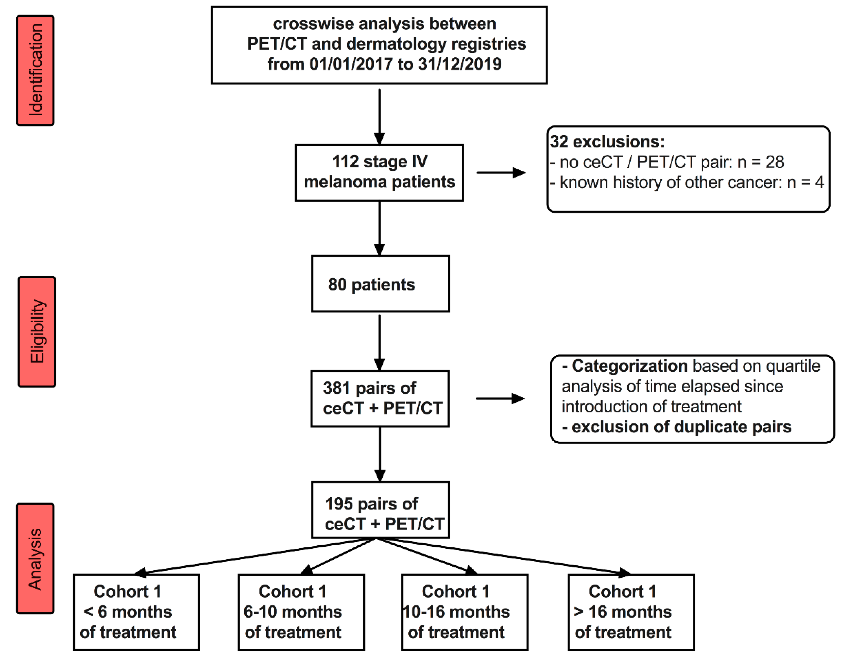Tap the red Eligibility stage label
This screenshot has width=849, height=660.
coord(37,332)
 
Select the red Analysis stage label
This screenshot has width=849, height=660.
coord(35,558)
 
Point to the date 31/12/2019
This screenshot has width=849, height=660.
coord(459,64)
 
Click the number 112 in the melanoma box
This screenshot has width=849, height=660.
coord(345,162)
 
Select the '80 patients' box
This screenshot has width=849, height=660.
coord(380,284)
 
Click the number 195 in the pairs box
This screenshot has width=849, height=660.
coord(339,504)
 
